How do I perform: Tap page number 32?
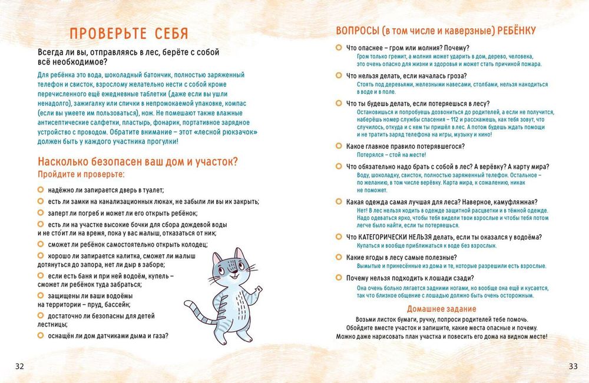(x=19, y=366)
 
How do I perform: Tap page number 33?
(x=573, y=366)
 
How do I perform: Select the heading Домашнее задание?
(x=441, y=309)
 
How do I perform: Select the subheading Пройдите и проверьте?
(x=81, y=175)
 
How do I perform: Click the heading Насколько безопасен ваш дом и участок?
(x=137, y=162)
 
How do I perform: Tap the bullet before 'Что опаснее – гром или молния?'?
(x=339, y=47)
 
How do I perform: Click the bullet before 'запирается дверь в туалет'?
(x=41, y=189)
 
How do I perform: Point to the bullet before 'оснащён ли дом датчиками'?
(x=41, y=335)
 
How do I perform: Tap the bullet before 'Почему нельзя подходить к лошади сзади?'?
(x=339, y=278)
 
